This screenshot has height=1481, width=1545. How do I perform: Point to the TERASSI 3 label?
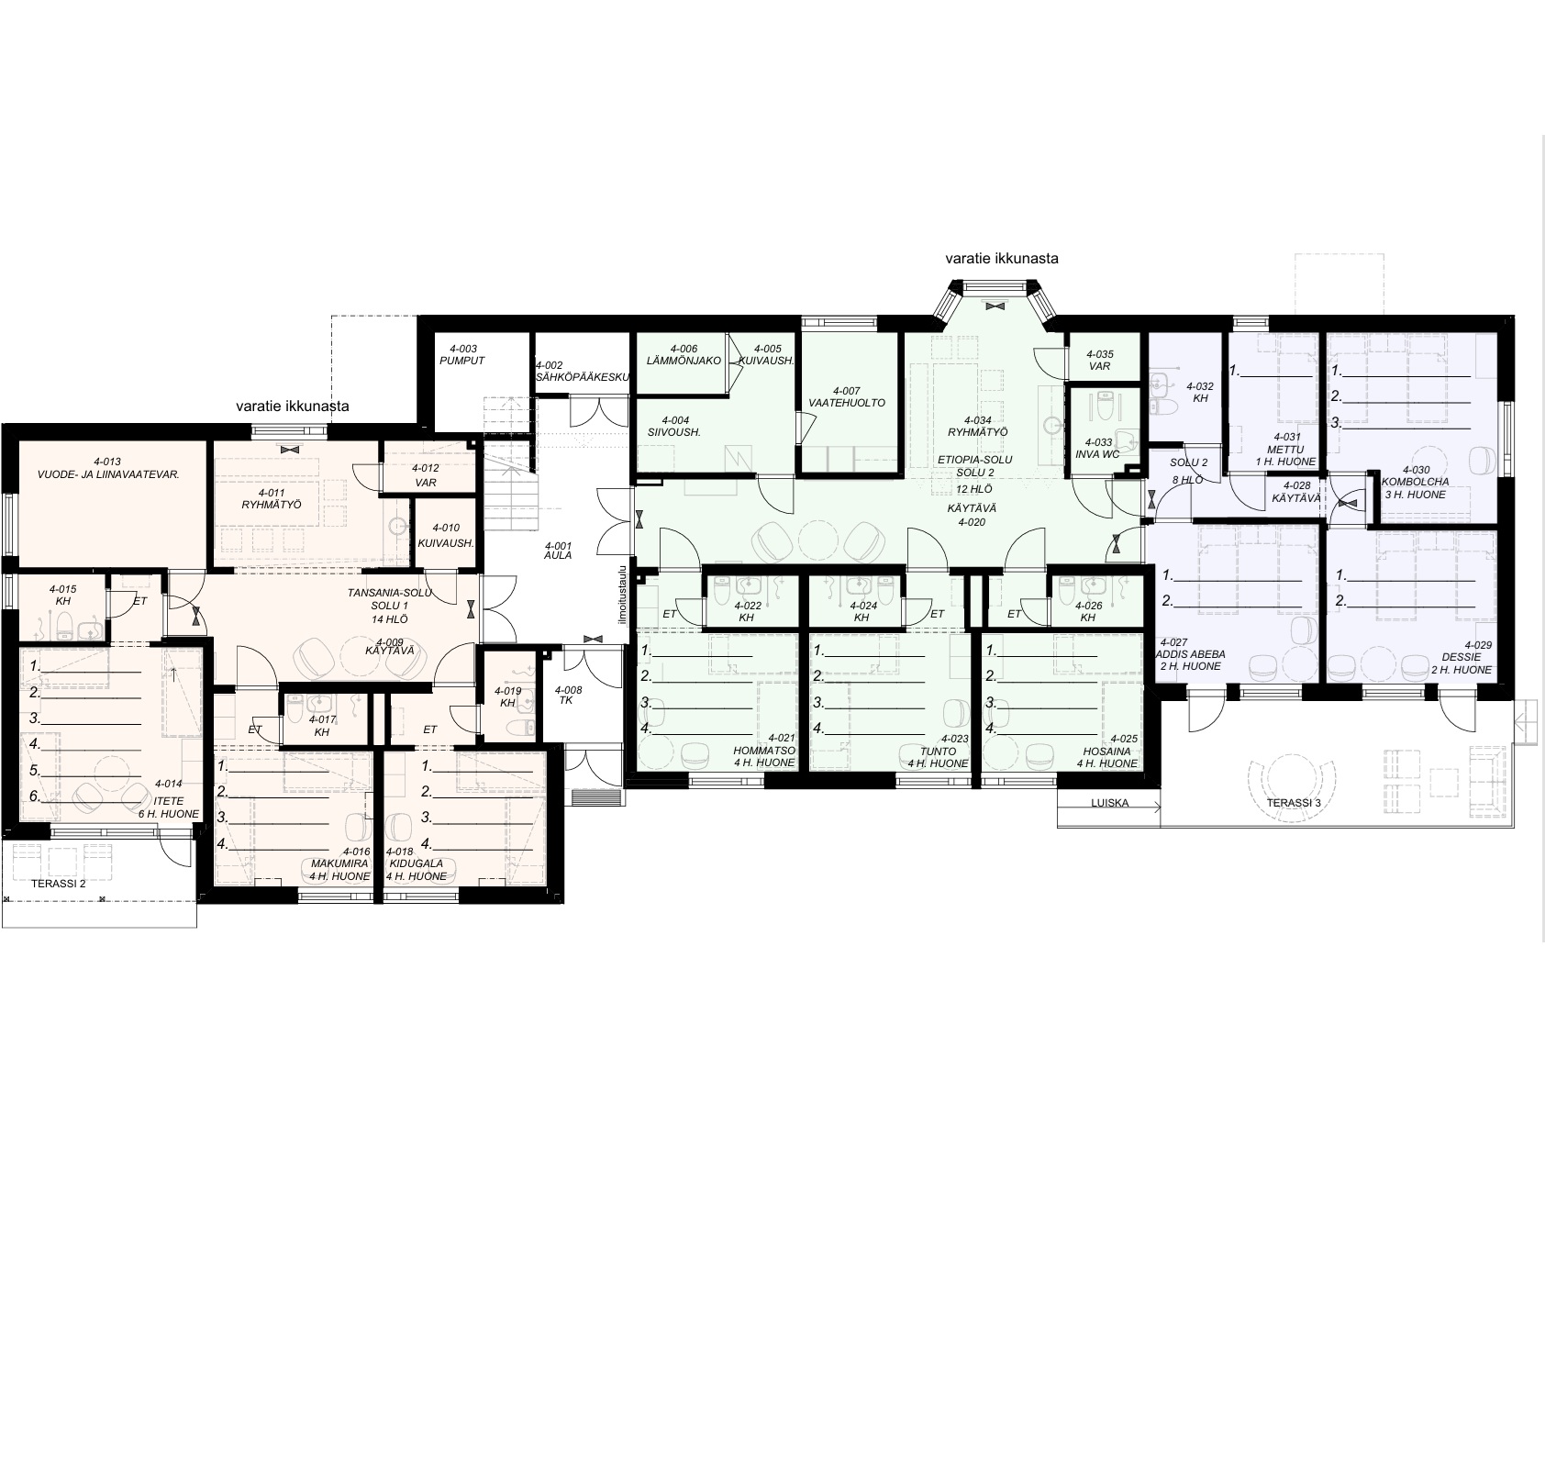click(1295, 802)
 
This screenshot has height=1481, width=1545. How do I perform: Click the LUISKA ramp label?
click(1110, 803)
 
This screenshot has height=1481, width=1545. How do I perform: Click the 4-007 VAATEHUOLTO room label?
click(846, 396)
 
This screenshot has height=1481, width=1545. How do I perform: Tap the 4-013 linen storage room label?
click(107, 468)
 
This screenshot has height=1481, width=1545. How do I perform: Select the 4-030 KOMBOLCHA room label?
click(1415, 482)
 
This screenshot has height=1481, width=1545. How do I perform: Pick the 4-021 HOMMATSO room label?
click(763, 750)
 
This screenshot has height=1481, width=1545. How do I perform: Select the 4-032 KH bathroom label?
click(1199, 393)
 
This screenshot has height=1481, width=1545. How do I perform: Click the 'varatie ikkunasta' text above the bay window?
click(1002, 259)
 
